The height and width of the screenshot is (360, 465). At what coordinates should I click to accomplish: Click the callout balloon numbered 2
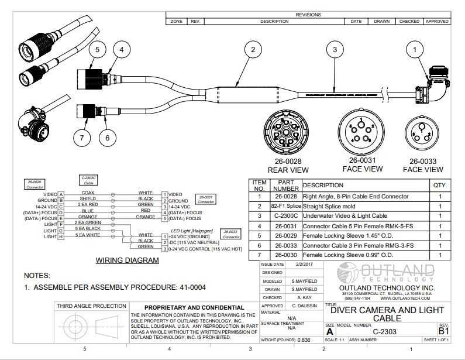[253, 50]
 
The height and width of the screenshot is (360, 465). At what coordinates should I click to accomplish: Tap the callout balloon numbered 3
[335, 50]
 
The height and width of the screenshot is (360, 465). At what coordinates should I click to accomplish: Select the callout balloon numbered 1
[415, 50]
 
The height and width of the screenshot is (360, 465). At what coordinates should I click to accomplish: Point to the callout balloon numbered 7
[82, 138]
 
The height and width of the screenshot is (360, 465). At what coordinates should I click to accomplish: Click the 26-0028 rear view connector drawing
[284, 132]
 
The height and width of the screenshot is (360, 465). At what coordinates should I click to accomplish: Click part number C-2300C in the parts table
[286, 216]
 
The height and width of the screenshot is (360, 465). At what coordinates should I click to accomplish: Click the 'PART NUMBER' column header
[286, 186]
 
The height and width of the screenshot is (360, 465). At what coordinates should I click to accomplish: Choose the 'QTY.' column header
[439, 186]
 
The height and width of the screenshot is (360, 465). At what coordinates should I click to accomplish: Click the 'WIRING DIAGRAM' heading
[127, 261]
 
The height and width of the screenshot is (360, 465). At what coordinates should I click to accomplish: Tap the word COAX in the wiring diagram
[88, 193]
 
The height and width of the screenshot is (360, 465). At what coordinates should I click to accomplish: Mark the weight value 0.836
[304, 340]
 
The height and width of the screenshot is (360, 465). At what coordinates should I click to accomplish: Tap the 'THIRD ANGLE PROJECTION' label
[91, 306]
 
